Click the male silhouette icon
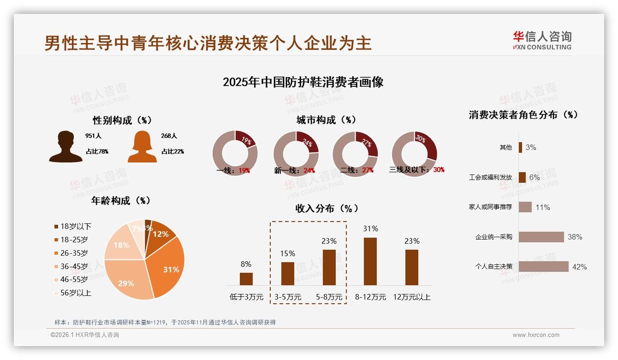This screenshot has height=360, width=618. [x=65, y=147]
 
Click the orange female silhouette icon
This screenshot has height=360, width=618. [x=142, y=147]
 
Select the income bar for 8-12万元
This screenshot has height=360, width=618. [x=370, y=261]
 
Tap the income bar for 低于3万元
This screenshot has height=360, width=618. [x=246, y=279]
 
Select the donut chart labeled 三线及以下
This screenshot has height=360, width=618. [x=414, y=154]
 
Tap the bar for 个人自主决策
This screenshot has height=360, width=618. [x=543, y=266]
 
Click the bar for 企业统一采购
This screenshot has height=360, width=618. [x=541, y=237]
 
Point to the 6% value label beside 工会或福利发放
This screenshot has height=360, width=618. [x=534, y=178]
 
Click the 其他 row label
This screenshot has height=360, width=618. [x=505, y=147]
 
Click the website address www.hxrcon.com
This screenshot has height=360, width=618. [x=536, y=335]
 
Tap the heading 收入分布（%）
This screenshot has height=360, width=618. [x=327, y=209]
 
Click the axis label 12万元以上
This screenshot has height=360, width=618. [x=411, y=297]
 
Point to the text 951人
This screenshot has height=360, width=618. [x=93, y=136]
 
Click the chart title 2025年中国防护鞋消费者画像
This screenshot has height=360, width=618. [x=303, y=83]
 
